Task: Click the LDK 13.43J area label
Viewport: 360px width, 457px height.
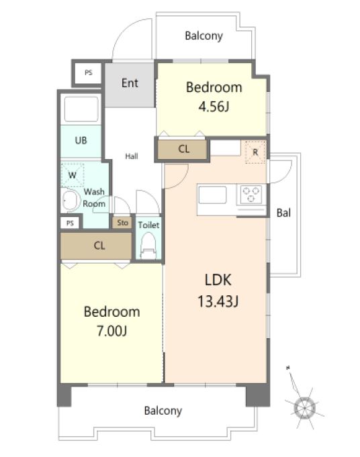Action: tap(218, 291)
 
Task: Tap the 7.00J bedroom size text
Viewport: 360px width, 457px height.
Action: tap(111, 331)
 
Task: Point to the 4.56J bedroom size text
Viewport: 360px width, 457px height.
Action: tap(214, 107)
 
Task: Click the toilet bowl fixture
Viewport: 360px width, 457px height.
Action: tap(148, 246)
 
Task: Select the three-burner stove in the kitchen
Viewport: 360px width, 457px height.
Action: tap(251, 195)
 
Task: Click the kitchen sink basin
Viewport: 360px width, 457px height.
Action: tap(212, 195)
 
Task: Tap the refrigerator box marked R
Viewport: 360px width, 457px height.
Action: tap(255, 152)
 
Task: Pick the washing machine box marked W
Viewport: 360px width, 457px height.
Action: tap(73, 175)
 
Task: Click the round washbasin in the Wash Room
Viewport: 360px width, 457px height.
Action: tap(71, 200)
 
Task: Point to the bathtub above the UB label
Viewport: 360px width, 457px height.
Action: tap(81, 109)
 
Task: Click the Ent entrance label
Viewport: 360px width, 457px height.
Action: tap(130, 83)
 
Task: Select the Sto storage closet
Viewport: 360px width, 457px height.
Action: tap(122, 223)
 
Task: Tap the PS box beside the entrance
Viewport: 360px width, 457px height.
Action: tap(89, 72)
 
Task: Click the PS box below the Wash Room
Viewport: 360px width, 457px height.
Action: tap(70, 223)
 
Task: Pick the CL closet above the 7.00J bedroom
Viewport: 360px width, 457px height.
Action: tap(96, 246)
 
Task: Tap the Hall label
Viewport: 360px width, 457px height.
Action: tap(132, 156)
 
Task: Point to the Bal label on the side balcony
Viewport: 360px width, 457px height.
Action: tap(283, 213)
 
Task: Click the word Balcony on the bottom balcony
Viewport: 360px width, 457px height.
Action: tap(163, 411)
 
